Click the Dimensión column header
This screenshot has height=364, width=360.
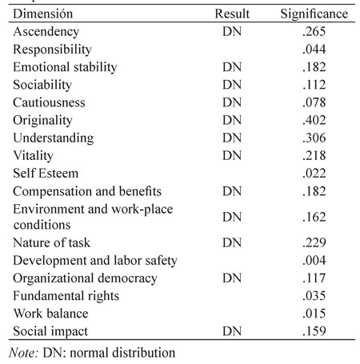point(43,14)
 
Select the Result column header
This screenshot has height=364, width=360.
point(232,14)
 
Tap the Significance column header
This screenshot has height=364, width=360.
point(314,14)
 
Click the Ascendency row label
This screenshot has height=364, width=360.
point(46,32)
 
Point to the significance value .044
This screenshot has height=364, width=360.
point(314,50)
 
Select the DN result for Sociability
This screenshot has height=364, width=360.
point(232,85)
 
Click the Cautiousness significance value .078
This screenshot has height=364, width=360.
point(314,102)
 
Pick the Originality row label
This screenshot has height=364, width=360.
point(42,121)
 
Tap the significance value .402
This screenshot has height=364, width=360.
point(314,120)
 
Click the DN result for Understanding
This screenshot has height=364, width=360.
point(232,138)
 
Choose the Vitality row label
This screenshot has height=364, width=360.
point(34,156)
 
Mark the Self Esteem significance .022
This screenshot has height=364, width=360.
point(314,174)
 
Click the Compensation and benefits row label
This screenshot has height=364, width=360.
point(87,191)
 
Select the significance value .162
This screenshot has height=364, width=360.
point(314,217)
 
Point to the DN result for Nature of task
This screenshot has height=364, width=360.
point(232,243)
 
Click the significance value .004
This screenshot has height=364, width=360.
point(314,261)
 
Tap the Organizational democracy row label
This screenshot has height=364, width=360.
point(85,278)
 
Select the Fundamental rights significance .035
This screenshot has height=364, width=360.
point(314,296)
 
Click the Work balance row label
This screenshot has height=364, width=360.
point(50,314)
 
